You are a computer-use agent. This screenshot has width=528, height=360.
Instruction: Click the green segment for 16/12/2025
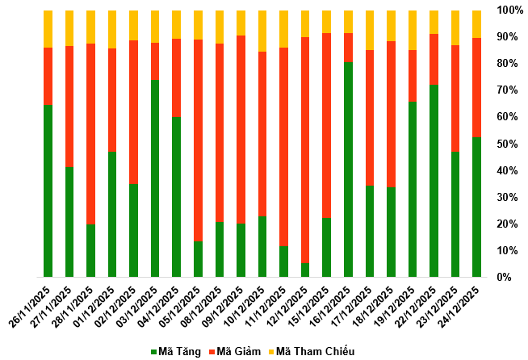click(349, 170)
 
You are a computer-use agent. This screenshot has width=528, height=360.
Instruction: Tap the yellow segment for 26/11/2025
click(48, 29)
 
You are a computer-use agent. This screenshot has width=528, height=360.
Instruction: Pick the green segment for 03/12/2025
click(155, 178)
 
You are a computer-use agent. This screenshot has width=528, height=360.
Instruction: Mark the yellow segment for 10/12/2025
click(262, 31)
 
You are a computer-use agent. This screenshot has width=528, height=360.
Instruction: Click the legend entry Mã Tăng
click(177, 351)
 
